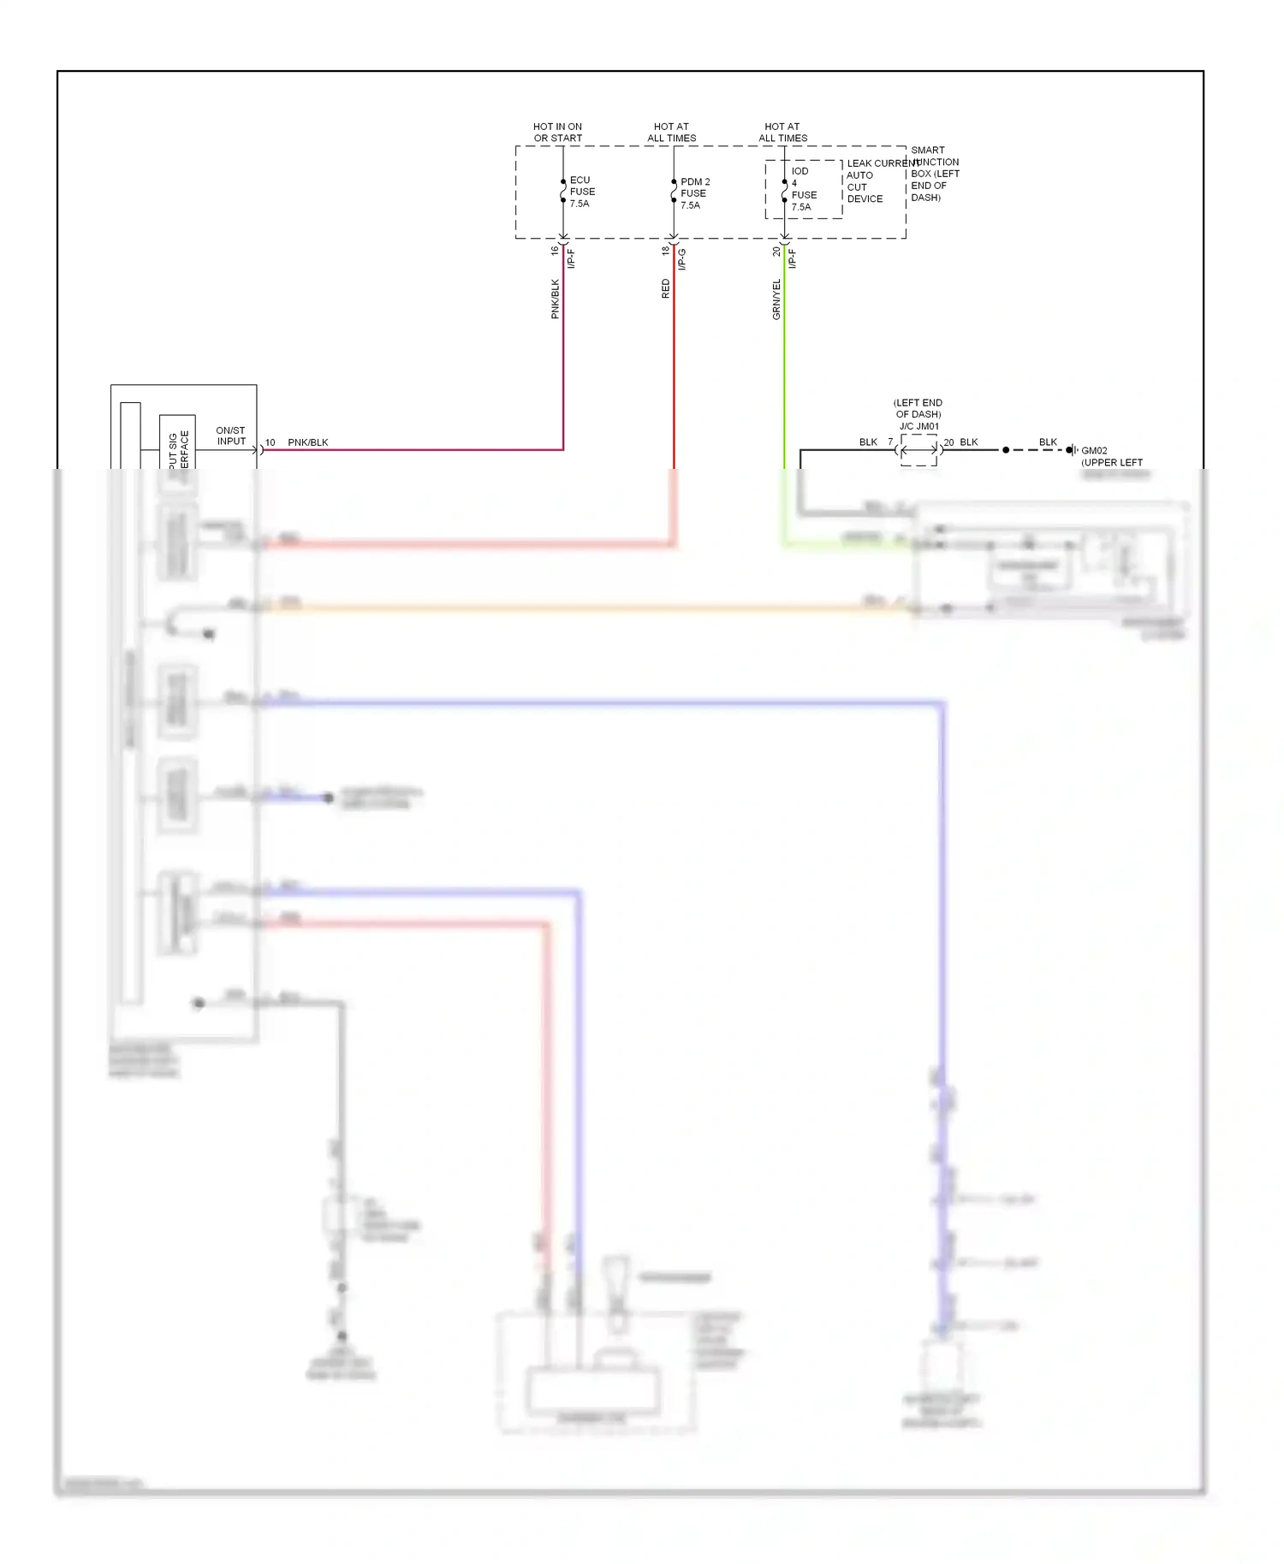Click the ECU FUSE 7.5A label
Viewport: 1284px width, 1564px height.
pyautogui.click(x=581, y=192)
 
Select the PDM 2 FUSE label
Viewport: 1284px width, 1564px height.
pyautogui.click(x=693, y=193)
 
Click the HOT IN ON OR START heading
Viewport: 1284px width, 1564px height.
pyautogui.click(x=557, y=132)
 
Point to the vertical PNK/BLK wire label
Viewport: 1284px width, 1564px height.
pyautogui.click(x=555, y=299)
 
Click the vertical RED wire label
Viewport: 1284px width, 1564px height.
pyautogui.click(x=665, y=288)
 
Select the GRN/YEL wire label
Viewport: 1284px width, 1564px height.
pyautogui.click(x=776, y=299)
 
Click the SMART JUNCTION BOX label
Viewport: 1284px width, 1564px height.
pyautogui.click(x=934, y=174)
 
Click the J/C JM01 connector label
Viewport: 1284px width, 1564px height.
pyautogui.click(x=918, y=426)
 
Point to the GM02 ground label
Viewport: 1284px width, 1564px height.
pyautogui.click(x=1094, y=450)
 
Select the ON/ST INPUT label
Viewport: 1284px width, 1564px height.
pyautogui.click(x=231, y=435)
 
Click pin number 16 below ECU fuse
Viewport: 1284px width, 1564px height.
pyautogui.click(x=555, y=250)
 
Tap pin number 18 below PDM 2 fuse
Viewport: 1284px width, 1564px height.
pyautogui.click(x=665, y=250)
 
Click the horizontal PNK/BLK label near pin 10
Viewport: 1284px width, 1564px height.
pyautogui.click(x=308, y=442)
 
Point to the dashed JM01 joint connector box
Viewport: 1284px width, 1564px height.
pyautogui.click(x=918, y=450)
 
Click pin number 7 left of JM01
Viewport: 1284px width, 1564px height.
pyautogui.click(x=890, y=441)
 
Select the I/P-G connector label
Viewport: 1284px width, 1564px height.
pyautogui.click(x=682, y=259)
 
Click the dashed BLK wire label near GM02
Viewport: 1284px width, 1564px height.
pyautogui.click(x=1048, y=441)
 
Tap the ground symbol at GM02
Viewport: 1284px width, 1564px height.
pyautogui.click(x=1071, y=450)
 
